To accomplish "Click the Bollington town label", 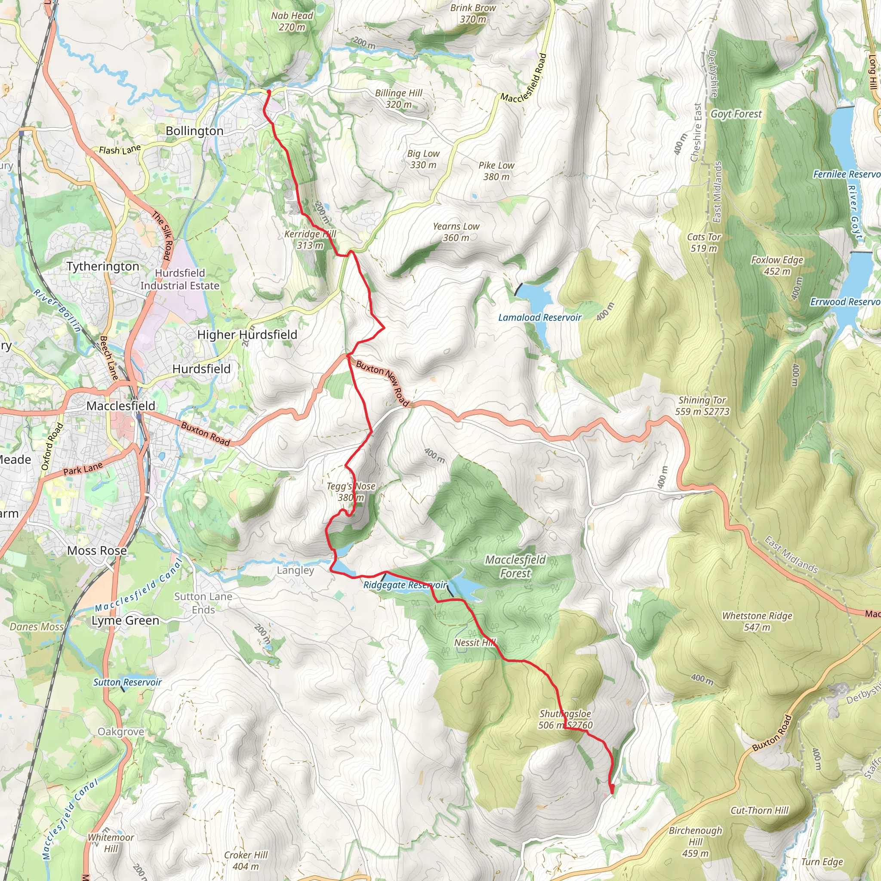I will point(194,131).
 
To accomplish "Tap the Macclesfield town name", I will point(121,405).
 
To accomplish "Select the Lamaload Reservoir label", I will point(539,317).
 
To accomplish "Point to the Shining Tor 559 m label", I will point(702,406).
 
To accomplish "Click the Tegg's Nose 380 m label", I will point(351,492).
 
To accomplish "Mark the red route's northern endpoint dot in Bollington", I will point(268,92).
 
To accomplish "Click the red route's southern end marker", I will point(612,787).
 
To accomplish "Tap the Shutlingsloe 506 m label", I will point(565,719).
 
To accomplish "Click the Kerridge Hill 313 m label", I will point(310,240).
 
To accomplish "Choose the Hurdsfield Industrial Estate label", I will point(180,279).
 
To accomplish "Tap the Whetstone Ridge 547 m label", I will point(757,621).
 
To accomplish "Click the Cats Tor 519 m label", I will point(704,242).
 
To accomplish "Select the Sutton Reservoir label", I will point(127,682).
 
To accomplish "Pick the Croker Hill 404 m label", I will point(246,860).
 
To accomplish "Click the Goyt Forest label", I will point(736,114).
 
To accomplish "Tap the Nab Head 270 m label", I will point(292,21).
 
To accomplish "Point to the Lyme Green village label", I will point(126,621).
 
